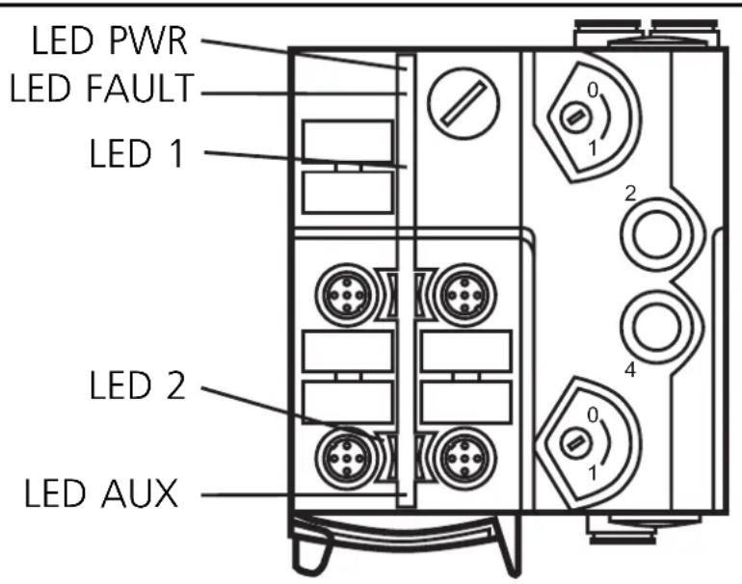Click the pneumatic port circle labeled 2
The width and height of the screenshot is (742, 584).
[x=657, y=234]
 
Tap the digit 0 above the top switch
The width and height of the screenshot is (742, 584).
[x=594, y=89]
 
